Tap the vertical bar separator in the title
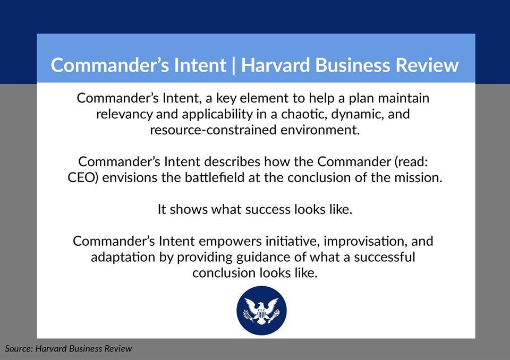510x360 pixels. point(234,65)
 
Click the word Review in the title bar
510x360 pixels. point(428,65)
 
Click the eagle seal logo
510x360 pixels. point(261,310)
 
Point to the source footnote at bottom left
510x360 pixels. point(68,349)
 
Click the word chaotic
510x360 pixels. point(303,114)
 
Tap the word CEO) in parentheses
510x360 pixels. point(83,177)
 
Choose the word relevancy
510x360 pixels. point(123,114)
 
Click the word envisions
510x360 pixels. point(130,177)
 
